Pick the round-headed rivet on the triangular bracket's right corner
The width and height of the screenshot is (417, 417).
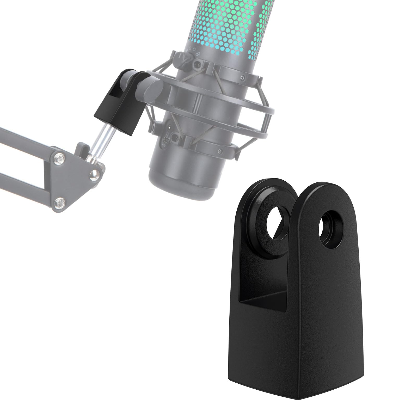95,175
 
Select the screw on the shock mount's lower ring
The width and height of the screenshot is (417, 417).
220,151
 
